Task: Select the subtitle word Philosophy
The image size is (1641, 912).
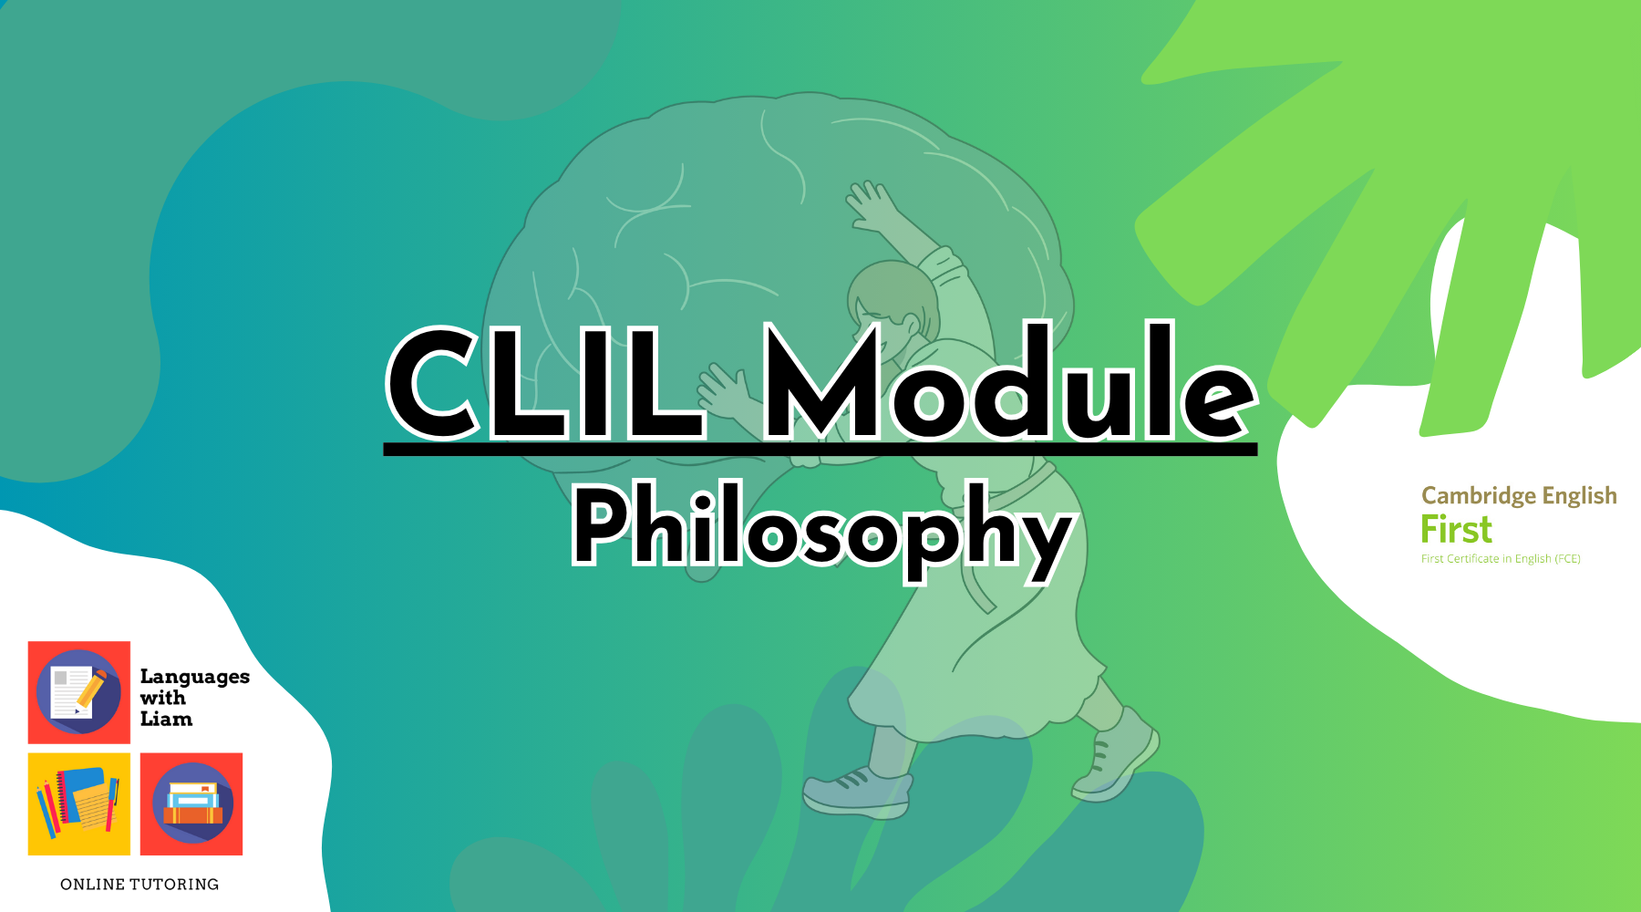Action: pyautogui.click(x=820, y=529)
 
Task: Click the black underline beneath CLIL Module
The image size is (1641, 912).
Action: pyautogui.click(x=820, y=449)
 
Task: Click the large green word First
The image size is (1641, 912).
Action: pyautogui.click(x=1456, y=530)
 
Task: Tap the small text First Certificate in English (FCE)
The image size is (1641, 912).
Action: pyautogui.click(x=1501, y=559)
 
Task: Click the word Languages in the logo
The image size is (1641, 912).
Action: pyautogui.click(x=195, y=677)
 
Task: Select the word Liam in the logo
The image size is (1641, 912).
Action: pyautogui.click(x=166, y=719)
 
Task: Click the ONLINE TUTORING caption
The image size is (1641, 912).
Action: pyautogui.click(x=139, y=884)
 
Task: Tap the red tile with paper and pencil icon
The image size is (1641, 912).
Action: pyautogui.click(x=79, y=692)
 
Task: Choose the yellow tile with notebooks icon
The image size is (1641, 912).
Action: pyautogui.click(x=79, y=803)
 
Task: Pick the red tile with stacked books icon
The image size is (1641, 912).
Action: pyautogui.click(x=191, y=803)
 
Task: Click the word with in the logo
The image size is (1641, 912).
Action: pyautogui.click(x=163, y=698)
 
